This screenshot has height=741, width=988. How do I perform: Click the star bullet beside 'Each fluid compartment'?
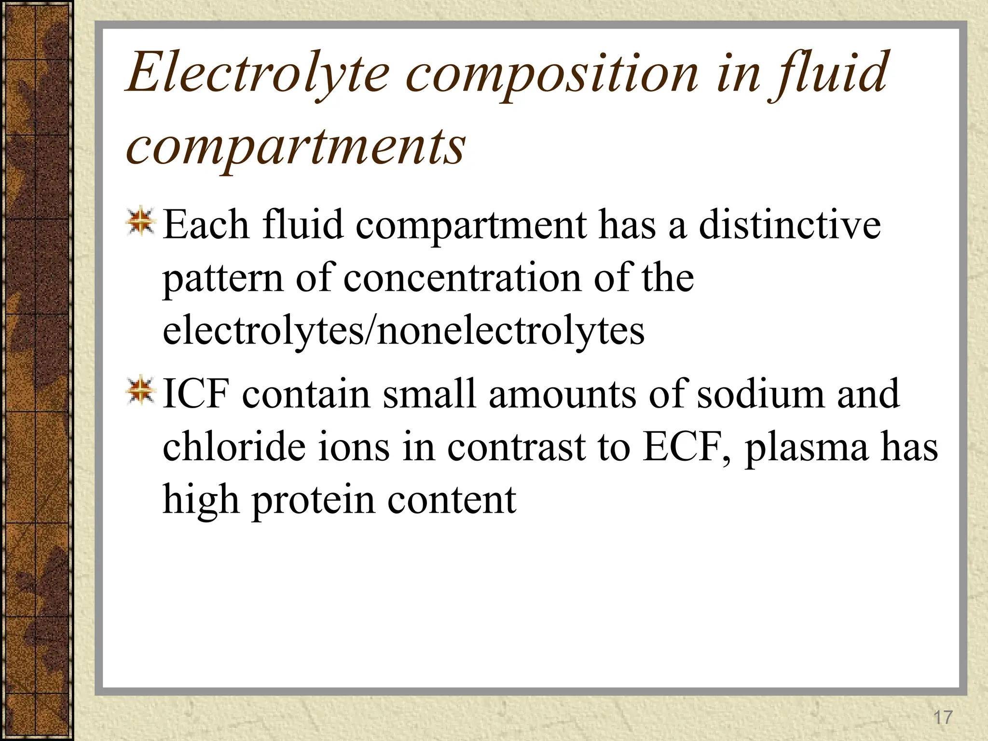[140, 222]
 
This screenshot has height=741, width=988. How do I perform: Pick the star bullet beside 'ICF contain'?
[140, 391]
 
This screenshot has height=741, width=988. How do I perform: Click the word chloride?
[234, 447]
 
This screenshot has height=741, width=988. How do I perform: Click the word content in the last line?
[452, 500]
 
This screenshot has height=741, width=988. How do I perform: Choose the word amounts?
[562, 394]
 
